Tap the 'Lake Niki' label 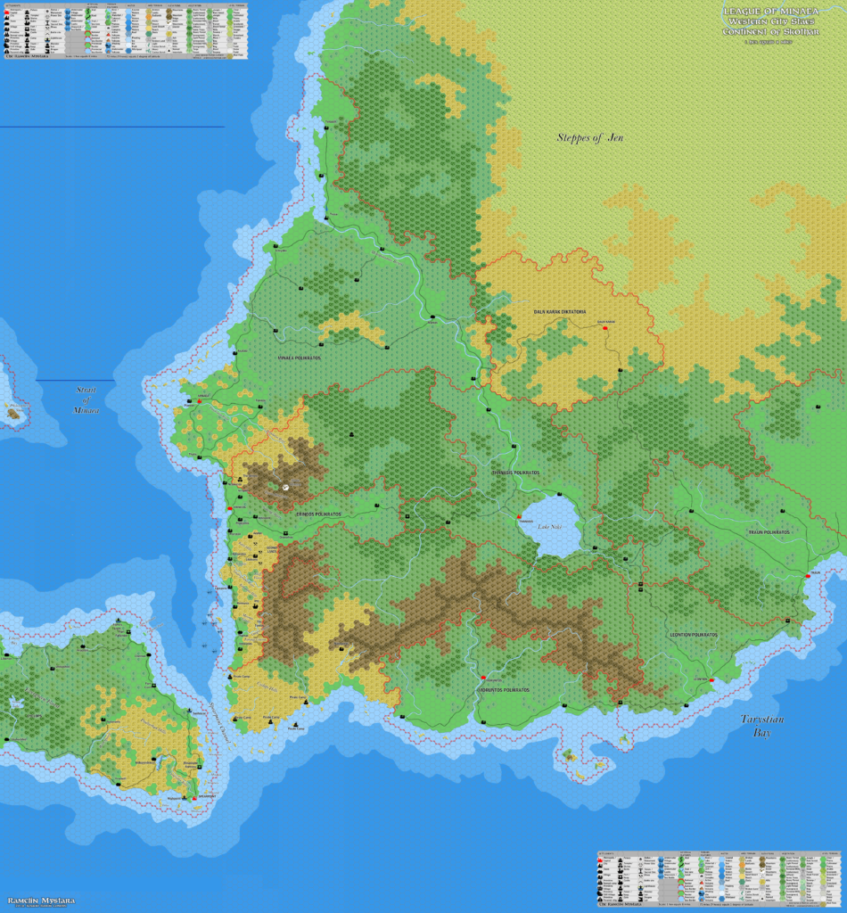tap(550, 527)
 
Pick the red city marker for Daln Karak tap(606, 328)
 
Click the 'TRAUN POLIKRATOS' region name tap(769, 532)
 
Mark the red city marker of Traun tap(808, 577)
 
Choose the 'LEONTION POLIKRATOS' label tap(693, 634)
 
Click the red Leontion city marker tap(711, 680)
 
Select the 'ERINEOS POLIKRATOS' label tap(317, 514)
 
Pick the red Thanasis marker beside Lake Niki tap(518, 515)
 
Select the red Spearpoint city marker tap(194, 798)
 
